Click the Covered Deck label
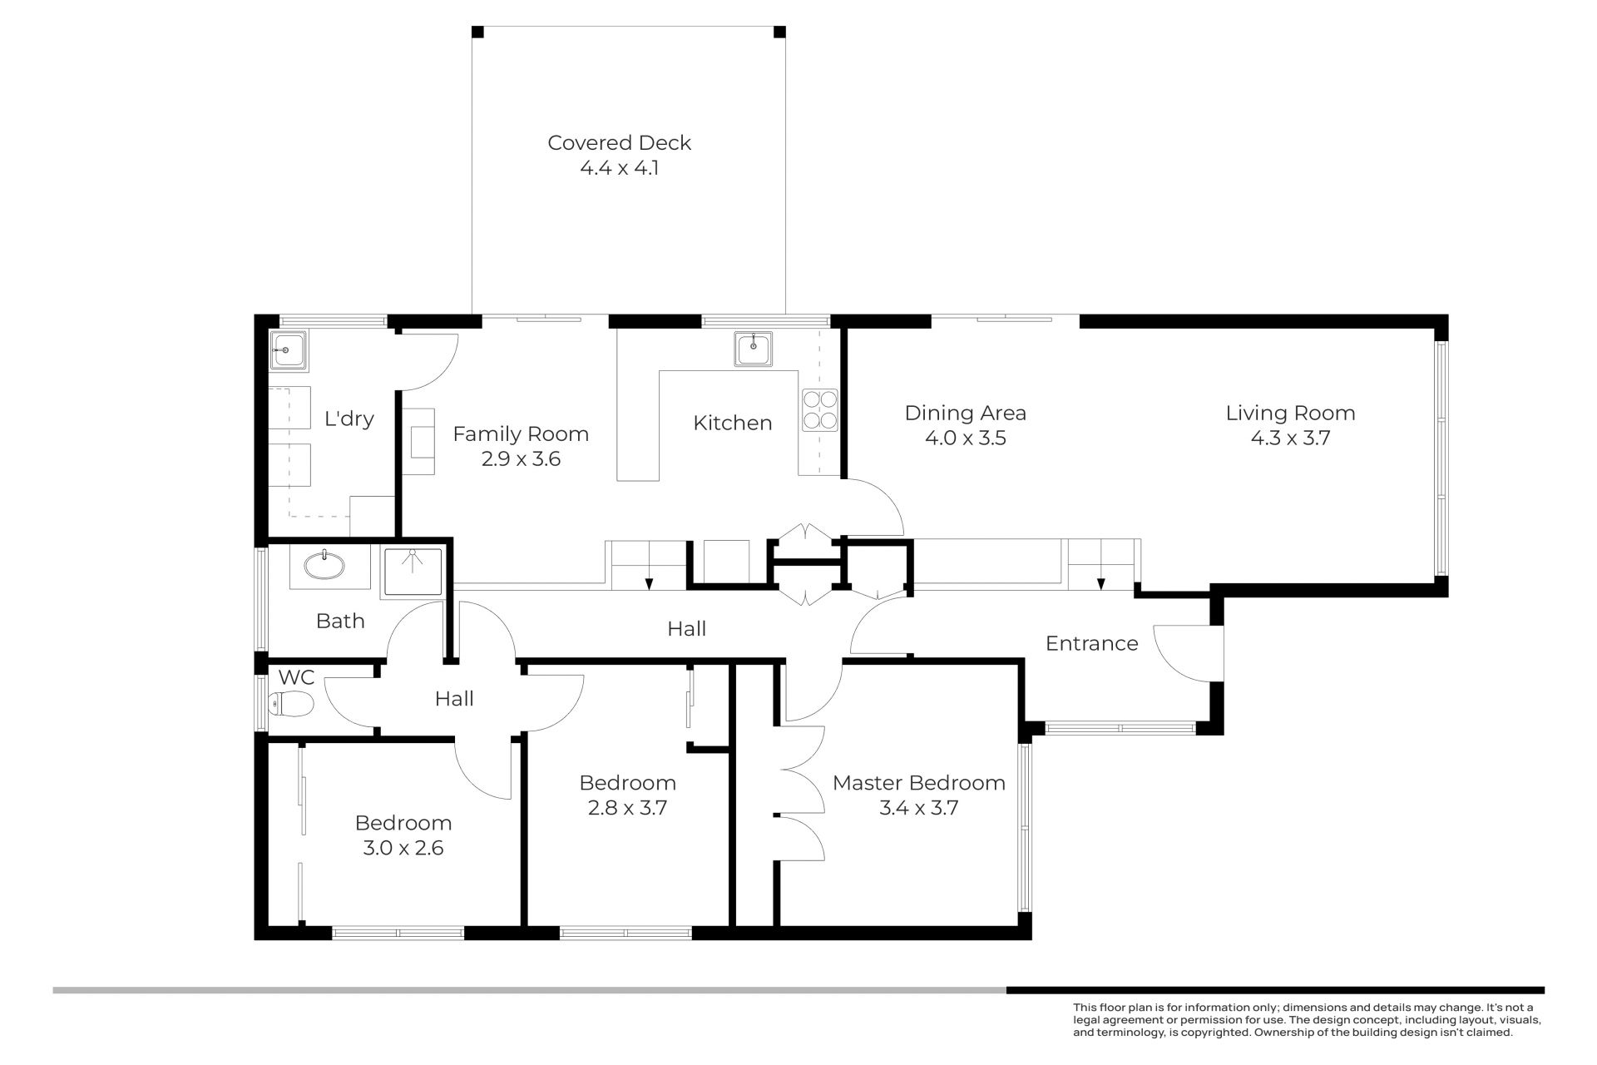click(619, 143)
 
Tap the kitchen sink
click(754, 349)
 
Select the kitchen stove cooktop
click(819, 410)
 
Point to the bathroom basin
click(324, 567)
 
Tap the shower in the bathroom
click(413, 572)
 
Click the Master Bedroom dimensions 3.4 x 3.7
click(918, 808)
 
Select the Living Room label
click(1290, 414)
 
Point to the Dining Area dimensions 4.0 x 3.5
click(965, 438)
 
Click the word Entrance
click(1091, 643)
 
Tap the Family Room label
click(521, 434)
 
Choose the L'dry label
click(349, 419)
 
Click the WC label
click(296, 677)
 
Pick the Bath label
click(340, 621)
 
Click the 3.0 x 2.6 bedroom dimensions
click(403, 848)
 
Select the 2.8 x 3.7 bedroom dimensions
click(627, 808)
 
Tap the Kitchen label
click(732, 424)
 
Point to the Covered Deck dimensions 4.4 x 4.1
click(619, 168)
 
